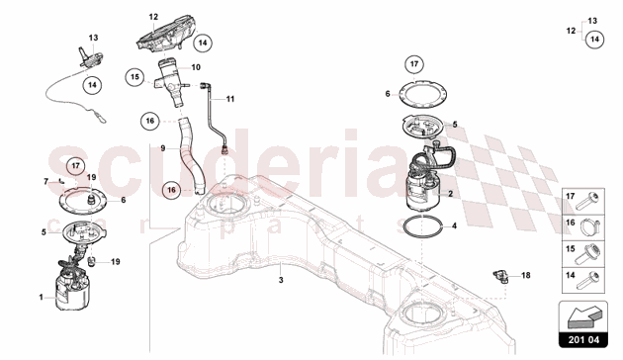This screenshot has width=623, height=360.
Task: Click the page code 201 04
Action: pyautogui.click(x=582, y=340)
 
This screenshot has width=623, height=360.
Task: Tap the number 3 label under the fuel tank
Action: pyautogui.click(x=281, y=280)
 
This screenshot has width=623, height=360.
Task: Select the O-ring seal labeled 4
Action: pyautogui.click(x=422, y=226)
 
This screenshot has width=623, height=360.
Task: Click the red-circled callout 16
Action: pyautogui.click(x=171, y=190)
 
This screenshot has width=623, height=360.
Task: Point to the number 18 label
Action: pyautogui.click(x=526, y=275)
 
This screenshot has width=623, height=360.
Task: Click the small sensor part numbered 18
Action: pyautogui.click(x=500, y=276)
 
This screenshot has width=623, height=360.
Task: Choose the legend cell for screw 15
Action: pyautogui.click(x=583, y=254)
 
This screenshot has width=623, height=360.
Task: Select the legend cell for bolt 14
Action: pyautogui.click(x=583, y=280)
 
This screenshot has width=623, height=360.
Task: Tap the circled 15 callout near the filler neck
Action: pyautogui.click(x=135, y=77)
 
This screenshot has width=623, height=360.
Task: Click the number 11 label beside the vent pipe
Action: pyautogui.click(x=230, y=99)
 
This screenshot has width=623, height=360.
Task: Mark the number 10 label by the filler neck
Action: pyautogui.click(x=196, y=67)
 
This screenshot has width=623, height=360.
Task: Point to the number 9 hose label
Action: pyautogui.click(x=163, y=148)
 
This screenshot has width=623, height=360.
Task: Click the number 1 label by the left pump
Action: pyautogui.click(x=41, y=297)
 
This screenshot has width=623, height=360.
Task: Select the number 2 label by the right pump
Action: pyautogui.click(x=450, y=194)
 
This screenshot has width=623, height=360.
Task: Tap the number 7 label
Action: pyautogui.click(x=46, y=182)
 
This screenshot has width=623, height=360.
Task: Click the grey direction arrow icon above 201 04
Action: pyautogui.click(x=582, y=316)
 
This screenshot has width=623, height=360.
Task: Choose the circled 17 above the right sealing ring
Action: pyautogui.click(x=414, y=64)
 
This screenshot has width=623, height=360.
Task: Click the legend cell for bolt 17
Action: pyautogui.click(x=583, y=202)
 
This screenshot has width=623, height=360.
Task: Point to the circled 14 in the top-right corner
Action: pyautogui.click(x=594, y=40)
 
